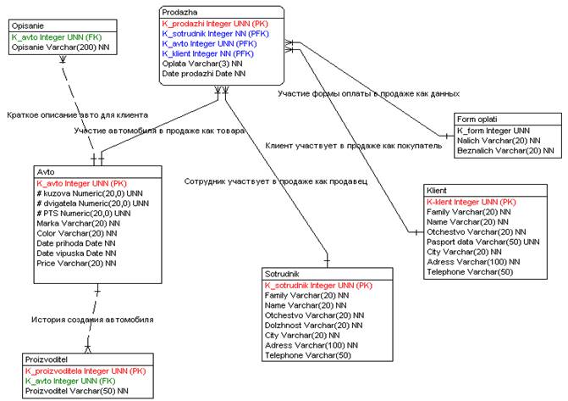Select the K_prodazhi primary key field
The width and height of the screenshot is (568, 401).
coord(222,24)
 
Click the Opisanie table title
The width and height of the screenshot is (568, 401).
coord(28,27)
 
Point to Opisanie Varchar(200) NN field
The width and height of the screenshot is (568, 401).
coord(61,49)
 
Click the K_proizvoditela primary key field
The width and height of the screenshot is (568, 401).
coord(85,370)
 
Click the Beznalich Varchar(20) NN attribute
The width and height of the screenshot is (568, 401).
coord(505,151)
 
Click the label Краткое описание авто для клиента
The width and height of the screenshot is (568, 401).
coord(77,114)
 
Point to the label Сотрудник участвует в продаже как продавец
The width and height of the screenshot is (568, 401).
coord(275,181)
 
